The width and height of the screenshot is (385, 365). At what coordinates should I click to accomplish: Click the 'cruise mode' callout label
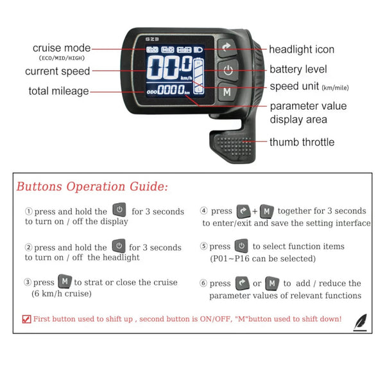pyautogui.click(x=62, y=48)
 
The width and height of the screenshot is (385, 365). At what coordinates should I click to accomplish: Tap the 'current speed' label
pyautogui.click(x=57, y=71)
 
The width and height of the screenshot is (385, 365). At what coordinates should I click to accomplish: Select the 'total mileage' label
pyautogui.click(x=58, y=91)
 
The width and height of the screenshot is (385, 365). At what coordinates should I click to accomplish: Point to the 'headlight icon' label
pyautogui.click(x=302, y=49)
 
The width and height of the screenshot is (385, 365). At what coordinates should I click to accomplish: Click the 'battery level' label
pyautogui.click(x=298, y=69)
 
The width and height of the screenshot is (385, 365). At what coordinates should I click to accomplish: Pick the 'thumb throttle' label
pyautogui.click(x=302, y=142)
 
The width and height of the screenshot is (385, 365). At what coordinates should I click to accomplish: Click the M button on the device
pyautogui.click(x=227, y=92)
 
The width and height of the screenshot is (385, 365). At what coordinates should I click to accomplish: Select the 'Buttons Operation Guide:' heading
pyautogui.click(x=92, y=187)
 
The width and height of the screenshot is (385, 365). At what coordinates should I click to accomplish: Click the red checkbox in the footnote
pyautogui.click(x=26, y=319)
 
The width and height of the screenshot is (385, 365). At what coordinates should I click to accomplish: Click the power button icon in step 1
pyautogui.click(x=119, y=210)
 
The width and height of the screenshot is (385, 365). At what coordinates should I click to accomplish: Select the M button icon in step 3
pyautogui.click(x=65, y=281)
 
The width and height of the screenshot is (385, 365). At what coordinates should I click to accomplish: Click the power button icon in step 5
pyautogui.click(x=241, y=245)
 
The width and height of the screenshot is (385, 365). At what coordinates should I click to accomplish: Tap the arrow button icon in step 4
pyautogui.click(x=243, y=210)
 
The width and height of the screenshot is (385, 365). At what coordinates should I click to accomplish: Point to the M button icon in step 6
pyautogui.click(x=272, y=283)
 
